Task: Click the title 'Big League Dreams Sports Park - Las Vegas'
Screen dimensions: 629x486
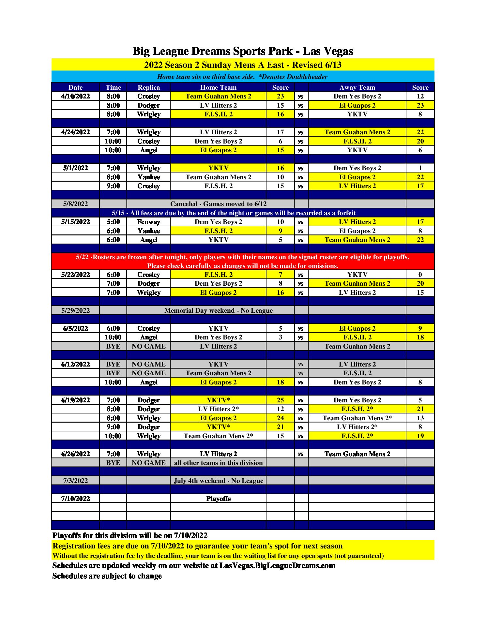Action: click(243, 51)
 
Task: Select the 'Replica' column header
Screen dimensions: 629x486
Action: click(149, 87)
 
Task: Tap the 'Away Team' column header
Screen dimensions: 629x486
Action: click(357, 87)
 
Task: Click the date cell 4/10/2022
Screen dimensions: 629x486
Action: click(75, 96)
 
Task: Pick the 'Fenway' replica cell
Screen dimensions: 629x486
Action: click(149, 222)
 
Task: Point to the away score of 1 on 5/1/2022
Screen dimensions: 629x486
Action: click(420, 168)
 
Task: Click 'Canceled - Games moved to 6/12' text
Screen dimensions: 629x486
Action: click(218, 204)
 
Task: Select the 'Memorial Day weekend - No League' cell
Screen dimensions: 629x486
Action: click(218, 310)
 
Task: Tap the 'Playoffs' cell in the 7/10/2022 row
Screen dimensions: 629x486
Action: click(218, 499)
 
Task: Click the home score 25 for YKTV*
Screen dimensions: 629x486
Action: click(280, 400)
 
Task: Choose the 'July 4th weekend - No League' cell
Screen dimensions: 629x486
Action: click(218, 481)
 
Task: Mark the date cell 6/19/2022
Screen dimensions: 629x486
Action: click(75, 400)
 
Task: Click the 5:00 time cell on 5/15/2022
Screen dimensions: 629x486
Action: click(113, 222)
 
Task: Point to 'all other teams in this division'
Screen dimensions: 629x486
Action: click(218, 463)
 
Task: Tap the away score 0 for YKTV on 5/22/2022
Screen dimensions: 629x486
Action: click(420, 275)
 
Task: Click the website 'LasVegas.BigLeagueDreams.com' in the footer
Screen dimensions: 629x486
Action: click(277, 565)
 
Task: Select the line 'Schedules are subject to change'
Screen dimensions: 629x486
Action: click(107, 576)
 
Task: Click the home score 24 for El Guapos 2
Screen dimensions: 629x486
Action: click(280, 418)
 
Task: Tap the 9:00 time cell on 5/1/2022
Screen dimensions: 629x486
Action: click(113, 186)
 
